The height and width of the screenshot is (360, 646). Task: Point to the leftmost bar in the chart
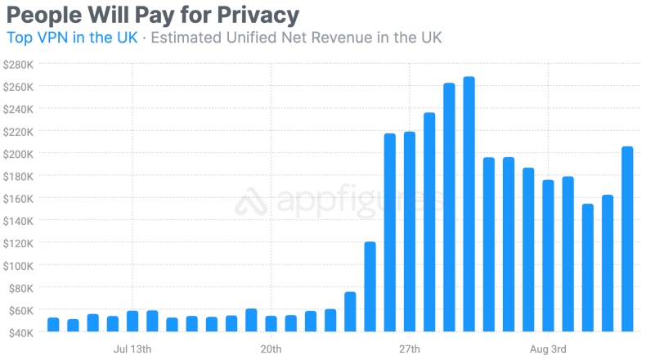(53, 325)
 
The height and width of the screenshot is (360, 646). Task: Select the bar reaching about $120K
(370, 286)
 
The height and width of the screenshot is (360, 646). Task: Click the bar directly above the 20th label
(271, 324)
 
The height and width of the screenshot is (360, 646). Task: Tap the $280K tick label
(17, 64)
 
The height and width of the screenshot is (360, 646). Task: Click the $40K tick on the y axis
(19, 333)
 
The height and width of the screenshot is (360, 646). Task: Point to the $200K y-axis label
(17, 154)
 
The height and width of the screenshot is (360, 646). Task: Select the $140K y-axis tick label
(17, 221)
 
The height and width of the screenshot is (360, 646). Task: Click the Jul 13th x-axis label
(132, 349)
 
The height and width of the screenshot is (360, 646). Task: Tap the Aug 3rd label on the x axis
(548, 349)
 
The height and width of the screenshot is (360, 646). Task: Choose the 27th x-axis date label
(409, 349)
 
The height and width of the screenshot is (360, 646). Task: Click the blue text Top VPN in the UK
(71, 37)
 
